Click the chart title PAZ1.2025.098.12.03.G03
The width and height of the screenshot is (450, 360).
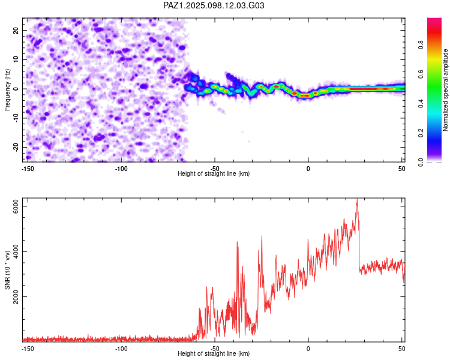coord(214,5)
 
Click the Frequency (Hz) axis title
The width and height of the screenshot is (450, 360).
coord(7,90)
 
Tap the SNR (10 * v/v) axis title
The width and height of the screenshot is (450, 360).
coord(7,270)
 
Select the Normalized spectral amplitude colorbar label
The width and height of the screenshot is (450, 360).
coord(445,90)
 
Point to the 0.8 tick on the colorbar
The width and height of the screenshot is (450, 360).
coord(421,45)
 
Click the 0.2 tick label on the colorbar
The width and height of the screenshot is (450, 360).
coord(421,133)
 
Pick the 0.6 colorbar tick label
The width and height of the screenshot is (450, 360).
coord(421,74)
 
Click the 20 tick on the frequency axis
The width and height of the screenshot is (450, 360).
coord(16,30)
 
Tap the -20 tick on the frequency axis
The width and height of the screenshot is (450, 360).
coord(16,147)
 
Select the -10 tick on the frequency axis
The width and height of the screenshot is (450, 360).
coord(16,118)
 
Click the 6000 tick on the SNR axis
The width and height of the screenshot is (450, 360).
coord(16,206)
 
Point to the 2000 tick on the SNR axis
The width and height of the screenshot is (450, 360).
coord(16,296)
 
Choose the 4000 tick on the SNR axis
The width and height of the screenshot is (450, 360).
coord(16,251)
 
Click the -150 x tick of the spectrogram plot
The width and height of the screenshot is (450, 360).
coord(28,169)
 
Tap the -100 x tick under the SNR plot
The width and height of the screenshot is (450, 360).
coord(121,349)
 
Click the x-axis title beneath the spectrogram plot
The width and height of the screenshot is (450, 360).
coord(214,173)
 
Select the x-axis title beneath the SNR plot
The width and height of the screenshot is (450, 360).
coord(214,353)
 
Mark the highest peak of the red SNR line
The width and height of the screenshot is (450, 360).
coord(357,199)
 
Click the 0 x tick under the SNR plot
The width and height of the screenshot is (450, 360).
coord(308,349)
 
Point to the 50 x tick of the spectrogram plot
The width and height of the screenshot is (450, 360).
coord(402,169)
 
